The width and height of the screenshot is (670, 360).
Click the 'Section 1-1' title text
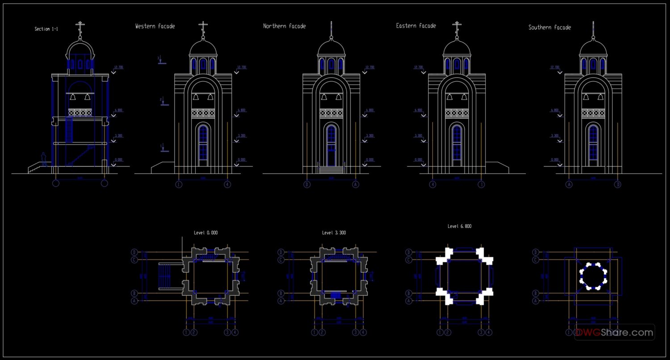pyautogui.click(x=46, y=29)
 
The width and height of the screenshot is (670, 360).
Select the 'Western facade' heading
pyautogui.click(x=155, y=26)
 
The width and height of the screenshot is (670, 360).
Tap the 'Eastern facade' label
pyautogui.click(x=416, y=26)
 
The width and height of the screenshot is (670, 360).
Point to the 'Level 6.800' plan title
pyautogui.click(x=459, y=226)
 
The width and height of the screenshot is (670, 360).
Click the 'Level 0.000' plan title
pyautogui.click(x=205, y=233)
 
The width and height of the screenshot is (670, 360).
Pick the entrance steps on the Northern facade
pyautogui.click(x=331, y=169)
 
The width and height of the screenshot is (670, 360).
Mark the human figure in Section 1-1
pyautogui.click(x=44, y=159)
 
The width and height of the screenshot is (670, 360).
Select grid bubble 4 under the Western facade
pyautogui.click(x=227, y=184)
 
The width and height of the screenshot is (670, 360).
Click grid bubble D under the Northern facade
pyautogui.click(x=307, y=184)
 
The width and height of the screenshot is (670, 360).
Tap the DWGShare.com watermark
pyautogui.click(x=614, y=332)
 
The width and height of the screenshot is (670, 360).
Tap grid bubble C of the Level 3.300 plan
pyautogui.click(x=281, y=260)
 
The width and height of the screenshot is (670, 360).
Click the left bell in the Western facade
pyautogui.click(x=196, y=97)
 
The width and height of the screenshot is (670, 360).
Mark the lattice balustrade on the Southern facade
pyautogui.click(x=593, y=113)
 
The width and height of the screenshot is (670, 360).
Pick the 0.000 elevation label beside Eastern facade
pyautogui.click(x=418, y=159)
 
